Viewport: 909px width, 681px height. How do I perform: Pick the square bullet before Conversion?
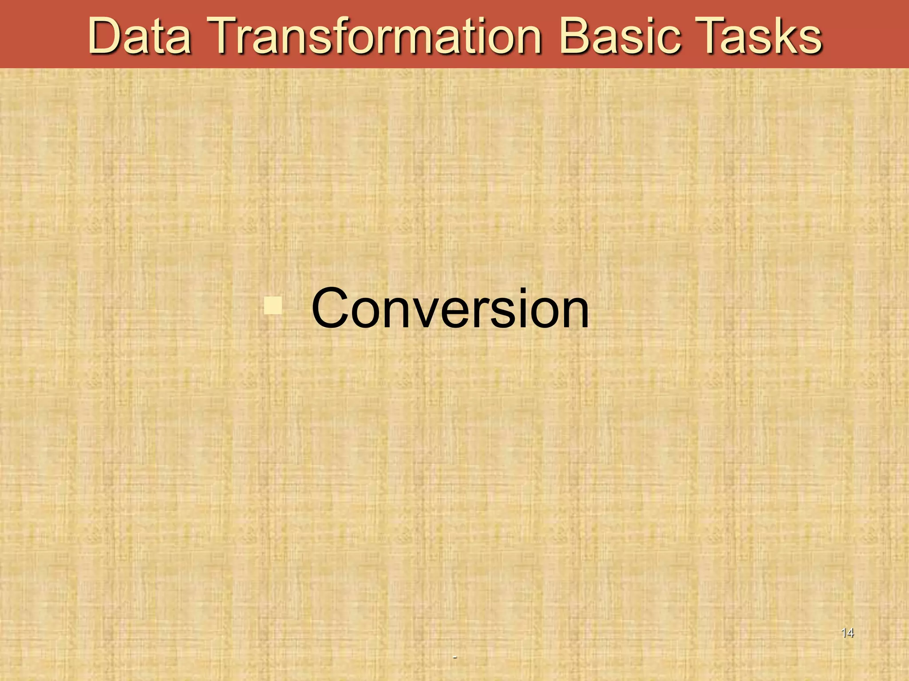pos(273,305)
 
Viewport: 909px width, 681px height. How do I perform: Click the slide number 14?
pos(847,633)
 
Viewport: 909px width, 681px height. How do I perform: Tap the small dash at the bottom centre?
pos(454,657)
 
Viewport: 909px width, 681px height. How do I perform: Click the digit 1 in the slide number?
pos(844,633)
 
